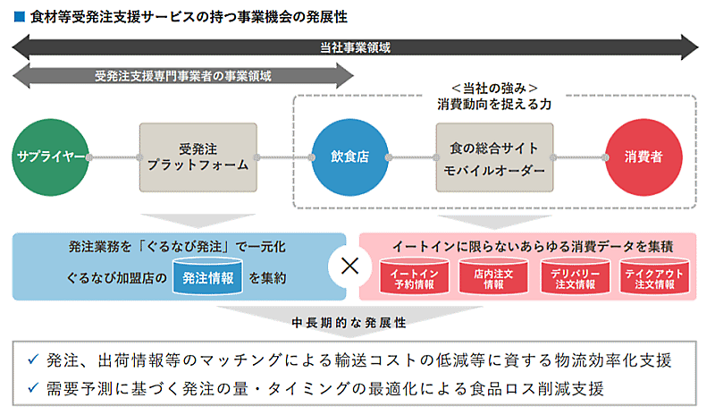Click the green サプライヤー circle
[50, 157]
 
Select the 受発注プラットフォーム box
[198, 157]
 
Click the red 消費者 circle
[643, 157]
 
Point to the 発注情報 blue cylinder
[207, 278]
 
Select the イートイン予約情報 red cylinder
[413, 278]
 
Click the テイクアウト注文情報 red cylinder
[654, 278]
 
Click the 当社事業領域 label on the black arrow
[354, 47]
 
